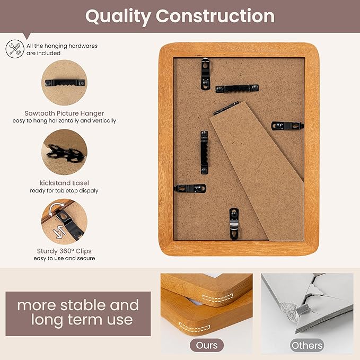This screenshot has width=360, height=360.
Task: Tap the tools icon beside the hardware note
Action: (14, 49)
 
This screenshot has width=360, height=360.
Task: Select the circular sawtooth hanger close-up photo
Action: (64, 83)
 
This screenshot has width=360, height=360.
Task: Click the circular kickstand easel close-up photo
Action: (64, 152)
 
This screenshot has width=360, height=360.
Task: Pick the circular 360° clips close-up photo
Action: (64, 221)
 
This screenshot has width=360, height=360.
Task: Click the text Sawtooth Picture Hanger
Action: (64, 113)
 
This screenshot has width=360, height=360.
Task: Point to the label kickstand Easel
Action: (64, 182)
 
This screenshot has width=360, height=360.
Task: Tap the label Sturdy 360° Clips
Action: (64, 251)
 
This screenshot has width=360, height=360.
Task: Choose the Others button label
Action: (306, 345)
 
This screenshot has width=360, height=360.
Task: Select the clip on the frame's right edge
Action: (287, 126)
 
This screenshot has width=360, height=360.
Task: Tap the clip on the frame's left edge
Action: (190, 188)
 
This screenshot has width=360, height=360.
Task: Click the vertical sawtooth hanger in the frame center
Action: (204, 152)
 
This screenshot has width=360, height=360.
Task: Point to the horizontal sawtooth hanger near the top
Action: (237, 88)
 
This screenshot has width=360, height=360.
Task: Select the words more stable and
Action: (78, 305)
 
